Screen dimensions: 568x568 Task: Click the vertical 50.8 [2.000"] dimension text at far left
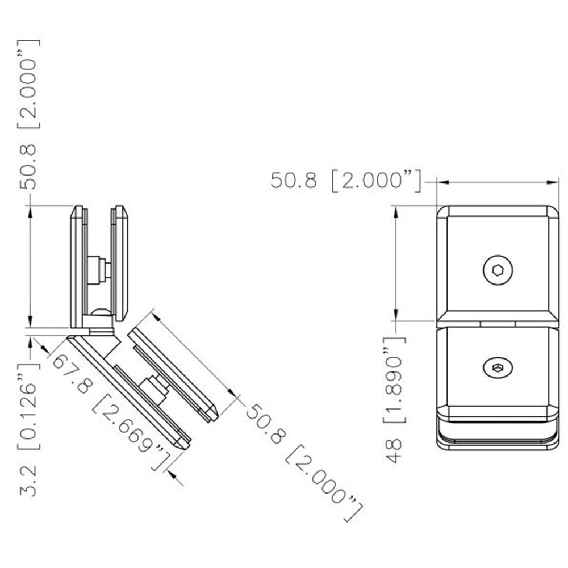tap(30, 114)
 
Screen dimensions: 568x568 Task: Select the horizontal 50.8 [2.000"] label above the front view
tap(346, 181)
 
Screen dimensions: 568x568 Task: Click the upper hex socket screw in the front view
tap(498, 271)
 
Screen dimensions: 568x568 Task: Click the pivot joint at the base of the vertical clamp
tap(101, 321)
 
